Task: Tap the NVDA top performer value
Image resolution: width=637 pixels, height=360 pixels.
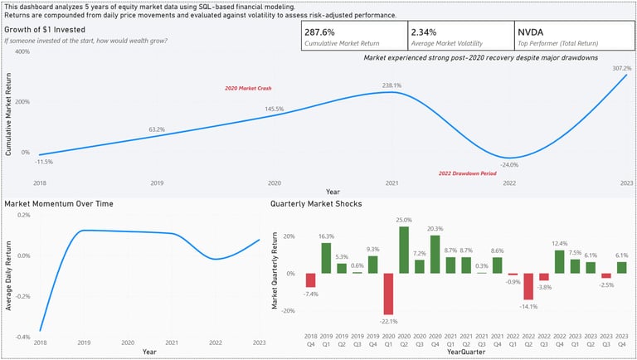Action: [531, 32]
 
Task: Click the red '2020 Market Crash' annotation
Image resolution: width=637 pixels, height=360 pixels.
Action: [248, 88]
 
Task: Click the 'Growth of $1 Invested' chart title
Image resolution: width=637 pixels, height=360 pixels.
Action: [45, 29]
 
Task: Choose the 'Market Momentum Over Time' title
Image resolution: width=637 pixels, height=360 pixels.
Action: [59, 203]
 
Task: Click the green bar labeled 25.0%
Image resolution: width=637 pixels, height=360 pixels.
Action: [404, 250]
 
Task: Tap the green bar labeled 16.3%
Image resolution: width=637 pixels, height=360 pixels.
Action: [326, 258]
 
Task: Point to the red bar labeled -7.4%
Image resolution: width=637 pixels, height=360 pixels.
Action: [310, 280]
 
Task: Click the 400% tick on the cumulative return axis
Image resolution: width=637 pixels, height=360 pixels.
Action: [22, 51]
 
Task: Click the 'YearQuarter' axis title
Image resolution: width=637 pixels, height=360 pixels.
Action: [464, 353]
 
